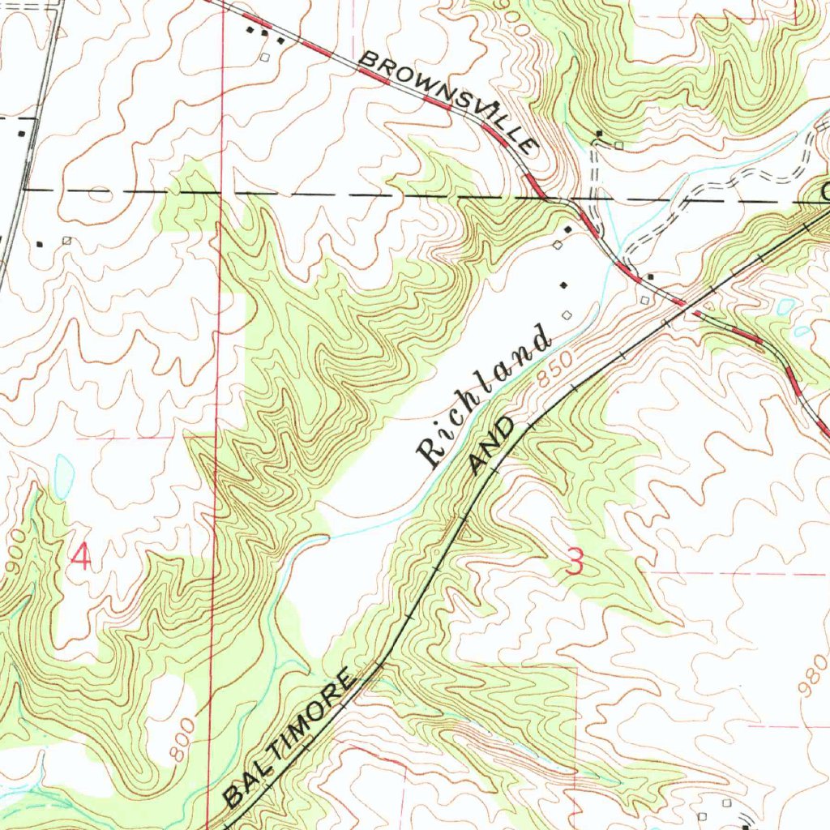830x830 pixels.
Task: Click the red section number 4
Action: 81,558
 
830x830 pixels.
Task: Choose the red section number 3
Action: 574,562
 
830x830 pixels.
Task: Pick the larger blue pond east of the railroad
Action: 785,307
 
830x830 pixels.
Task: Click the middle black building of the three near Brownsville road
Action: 264,33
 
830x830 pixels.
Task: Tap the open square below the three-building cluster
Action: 264,58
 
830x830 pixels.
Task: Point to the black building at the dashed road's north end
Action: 600,134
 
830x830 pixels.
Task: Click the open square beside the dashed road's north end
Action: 619,145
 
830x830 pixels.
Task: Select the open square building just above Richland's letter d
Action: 567,314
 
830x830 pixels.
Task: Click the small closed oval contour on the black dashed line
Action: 99,194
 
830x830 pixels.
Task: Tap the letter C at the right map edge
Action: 824,193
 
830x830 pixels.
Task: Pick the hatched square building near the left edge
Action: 66,241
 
